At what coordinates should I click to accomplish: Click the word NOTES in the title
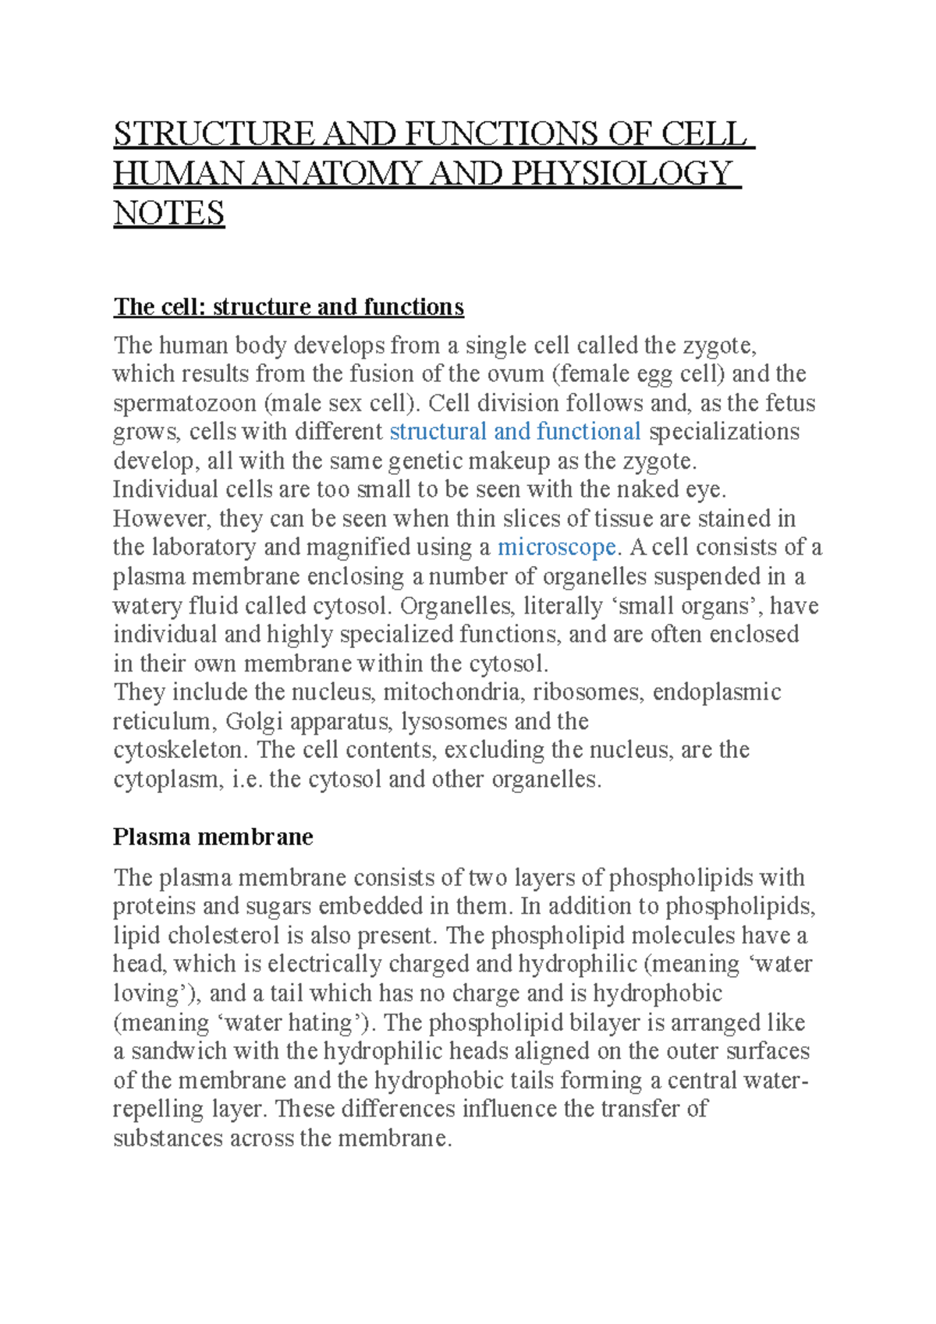click(x=169, y=213)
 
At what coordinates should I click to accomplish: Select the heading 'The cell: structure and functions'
click(x=289, y=306)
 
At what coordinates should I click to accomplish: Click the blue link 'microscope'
click(x=557, y=547)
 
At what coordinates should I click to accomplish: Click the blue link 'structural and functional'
click(x=515, y=432)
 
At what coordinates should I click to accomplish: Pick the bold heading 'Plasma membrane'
click(x=213, y=837)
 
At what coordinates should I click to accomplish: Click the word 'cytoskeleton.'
click(x=180, y=750)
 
